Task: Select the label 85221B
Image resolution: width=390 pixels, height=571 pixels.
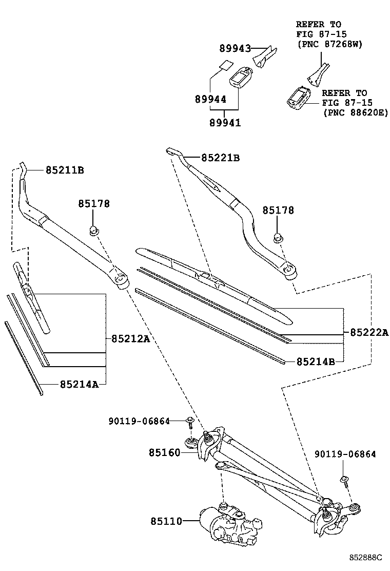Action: (x=220, y=158)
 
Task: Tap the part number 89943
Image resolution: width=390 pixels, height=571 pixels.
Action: (x=235, y=49)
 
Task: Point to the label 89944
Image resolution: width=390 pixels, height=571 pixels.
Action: (x=210, y=99)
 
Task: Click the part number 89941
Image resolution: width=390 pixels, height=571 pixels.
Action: (x=225, y=123)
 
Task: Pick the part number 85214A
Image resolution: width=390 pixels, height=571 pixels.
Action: (x=79, y=384)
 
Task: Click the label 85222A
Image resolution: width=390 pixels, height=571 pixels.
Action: (x=369, y=333)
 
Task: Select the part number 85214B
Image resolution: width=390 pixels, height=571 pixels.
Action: (x=316, y=361)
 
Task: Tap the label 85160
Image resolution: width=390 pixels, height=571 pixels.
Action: (x=165, y=452)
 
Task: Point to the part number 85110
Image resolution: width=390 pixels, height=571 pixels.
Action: (x=166, y=521)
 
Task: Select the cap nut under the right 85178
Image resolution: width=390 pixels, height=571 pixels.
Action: (x=278, y=237)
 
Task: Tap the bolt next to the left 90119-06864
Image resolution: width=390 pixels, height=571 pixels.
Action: (x=190, y=422)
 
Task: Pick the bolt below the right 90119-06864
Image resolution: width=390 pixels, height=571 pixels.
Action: (x=344, y=481)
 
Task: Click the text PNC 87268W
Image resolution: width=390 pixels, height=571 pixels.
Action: (x=329, y=45)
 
